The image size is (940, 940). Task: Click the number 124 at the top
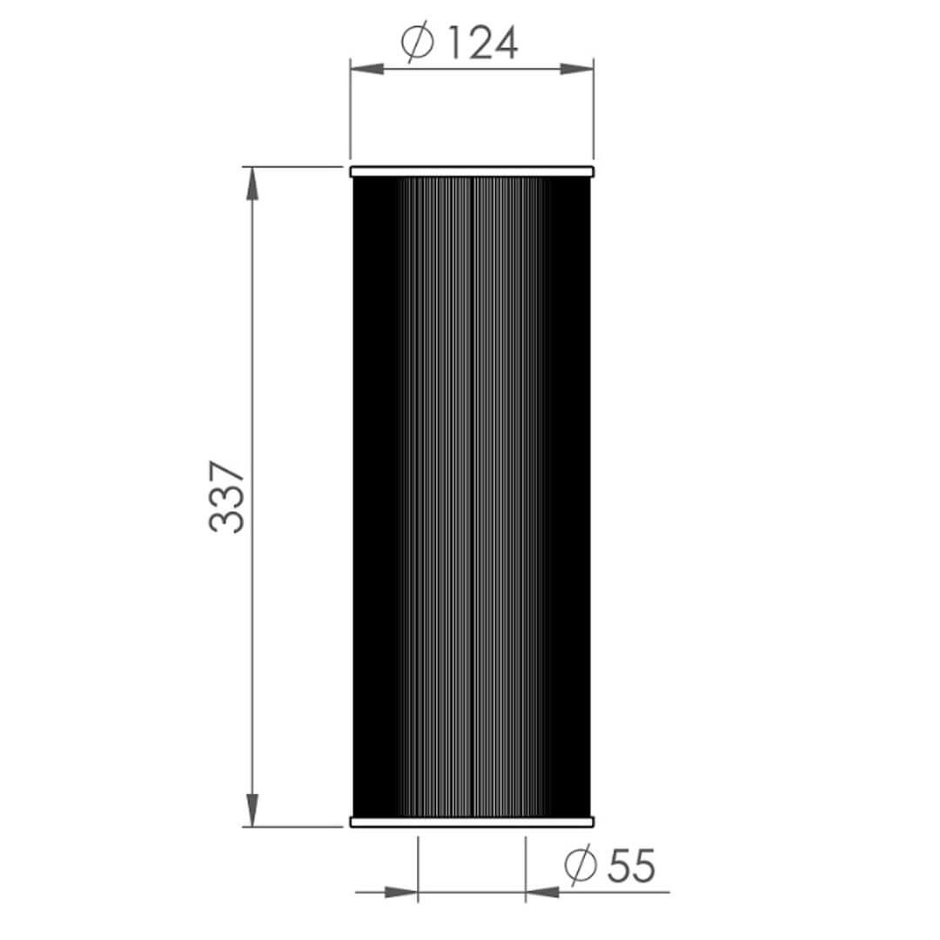(482, 43)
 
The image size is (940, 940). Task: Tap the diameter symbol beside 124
(418, 43)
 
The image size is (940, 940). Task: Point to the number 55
(630, 865)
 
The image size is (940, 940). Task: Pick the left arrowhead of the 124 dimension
(366, 69)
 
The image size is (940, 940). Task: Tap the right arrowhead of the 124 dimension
(577, 69)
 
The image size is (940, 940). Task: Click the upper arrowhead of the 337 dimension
(252, 183)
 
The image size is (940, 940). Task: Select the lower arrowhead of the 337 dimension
(252, 810)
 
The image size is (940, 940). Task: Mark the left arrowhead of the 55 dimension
(401, 891)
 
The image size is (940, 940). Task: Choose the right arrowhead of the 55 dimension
(542, 891)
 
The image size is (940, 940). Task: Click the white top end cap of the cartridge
(472, 171)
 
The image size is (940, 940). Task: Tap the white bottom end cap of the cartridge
(472, 822)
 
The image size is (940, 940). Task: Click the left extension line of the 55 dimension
(419, 866)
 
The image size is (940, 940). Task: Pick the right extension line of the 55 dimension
(526, 866)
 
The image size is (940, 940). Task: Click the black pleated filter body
(472, 496)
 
